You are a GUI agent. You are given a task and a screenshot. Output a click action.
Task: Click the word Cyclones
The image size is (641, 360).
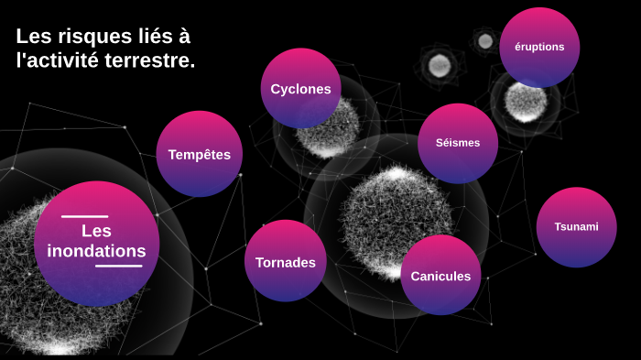point(300,89)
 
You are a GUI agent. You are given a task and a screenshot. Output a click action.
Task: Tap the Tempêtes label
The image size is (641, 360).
point(199,155)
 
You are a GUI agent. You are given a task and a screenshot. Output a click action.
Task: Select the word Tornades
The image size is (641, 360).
point(285,262)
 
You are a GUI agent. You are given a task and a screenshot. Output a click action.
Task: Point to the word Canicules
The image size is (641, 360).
point(440,276)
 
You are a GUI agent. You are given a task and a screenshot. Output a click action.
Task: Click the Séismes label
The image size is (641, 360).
point(457,143)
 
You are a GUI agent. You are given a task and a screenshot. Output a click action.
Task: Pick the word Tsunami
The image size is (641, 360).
point(576,226)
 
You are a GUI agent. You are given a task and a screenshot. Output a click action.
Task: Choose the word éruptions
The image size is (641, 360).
point(539,47)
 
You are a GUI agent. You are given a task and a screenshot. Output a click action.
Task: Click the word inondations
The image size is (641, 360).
point(96,251)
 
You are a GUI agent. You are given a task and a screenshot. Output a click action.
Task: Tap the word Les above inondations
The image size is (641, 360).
point(96,231)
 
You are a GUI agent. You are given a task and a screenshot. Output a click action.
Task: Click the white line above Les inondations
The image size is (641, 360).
point(84,217)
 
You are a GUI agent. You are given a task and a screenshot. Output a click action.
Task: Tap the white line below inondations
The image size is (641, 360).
point(118,267)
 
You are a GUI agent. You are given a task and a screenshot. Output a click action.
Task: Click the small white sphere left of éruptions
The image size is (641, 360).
point(440,64)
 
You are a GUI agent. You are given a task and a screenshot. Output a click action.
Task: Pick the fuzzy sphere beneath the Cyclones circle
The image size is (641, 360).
point(325,133)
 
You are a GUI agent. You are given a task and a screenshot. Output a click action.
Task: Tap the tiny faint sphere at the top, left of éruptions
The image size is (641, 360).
point(484,39)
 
